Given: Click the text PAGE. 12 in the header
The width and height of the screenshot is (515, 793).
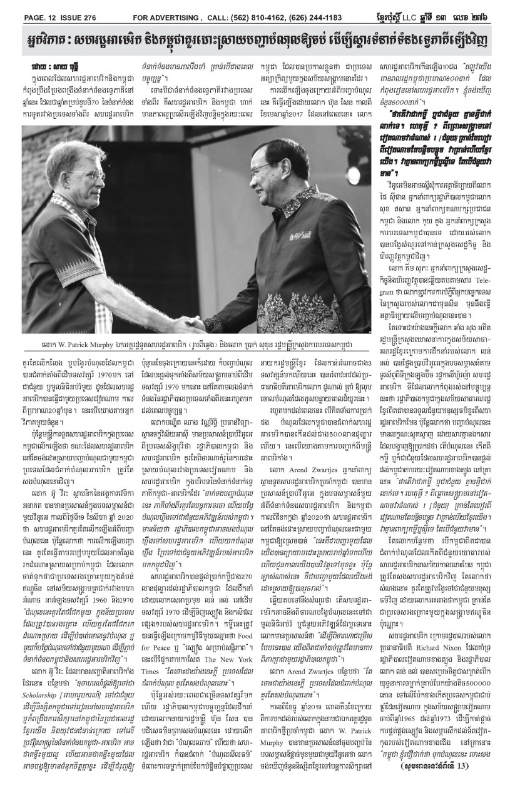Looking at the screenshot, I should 28,8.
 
